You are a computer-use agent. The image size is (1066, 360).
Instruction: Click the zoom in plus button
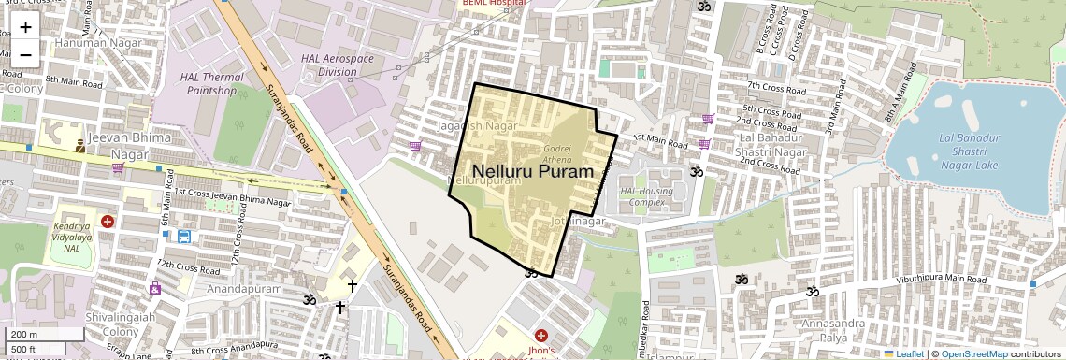click(25, 27)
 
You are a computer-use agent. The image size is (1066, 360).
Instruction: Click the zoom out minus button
click(25, 54)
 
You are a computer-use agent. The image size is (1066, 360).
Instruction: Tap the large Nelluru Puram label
click(534, 172)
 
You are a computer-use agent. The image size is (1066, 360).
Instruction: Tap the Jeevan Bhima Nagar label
click(120, 143)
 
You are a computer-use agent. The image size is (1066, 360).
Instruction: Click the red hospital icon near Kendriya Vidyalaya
click(108, 222)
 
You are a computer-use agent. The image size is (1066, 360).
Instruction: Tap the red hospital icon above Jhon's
click(540, 335)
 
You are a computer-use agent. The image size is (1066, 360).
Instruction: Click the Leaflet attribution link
click(903, 353)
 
